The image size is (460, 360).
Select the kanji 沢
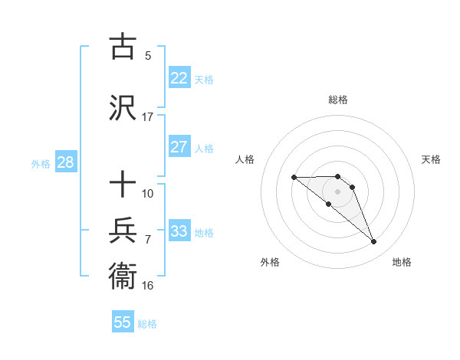click(123, 107)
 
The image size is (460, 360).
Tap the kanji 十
click(123, 185)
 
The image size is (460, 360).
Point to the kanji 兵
click(123, 229)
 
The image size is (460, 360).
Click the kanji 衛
click(123, 274)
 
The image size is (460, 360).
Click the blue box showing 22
click(179, 77)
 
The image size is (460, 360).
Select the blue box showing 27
click(179, 147)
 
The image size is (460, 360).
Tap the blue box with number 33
click(179, 231)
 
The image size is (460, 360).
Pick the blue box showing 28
click(64, 162)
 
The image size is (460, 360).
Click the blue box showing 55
click(123, 322)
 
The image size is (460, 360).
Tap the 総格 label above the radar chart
click(338, 100)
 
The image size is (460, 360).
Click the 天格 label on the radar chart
click(431, 159)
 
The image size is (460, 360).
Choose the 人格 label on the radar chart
click(245, 159)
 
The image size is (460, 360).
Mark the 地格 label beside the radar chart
click(402, 262)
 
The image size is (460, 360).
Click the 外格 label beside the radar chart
click(270, 262)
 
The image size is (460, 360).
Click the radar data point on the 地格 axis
click(374, 242)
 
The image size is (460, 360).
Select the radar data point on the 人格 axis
click(294, 178)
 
